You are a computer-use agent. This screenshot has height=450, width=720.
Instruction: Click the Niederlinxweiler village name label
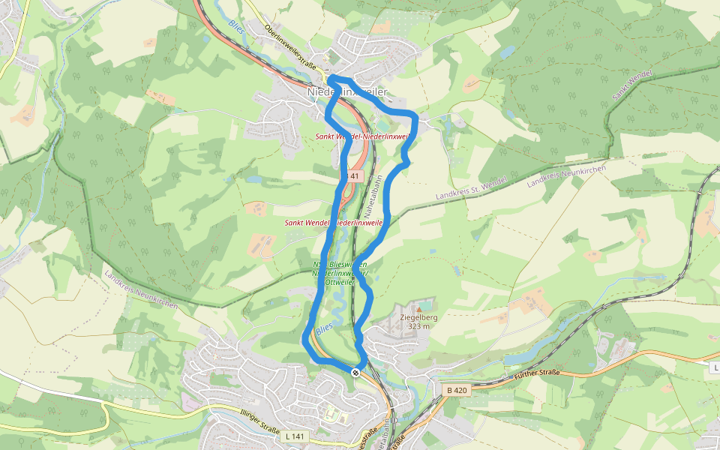[x=348, y=91]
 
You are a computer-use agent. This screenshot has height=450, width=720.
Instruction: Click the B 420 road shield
[x=456, y=390]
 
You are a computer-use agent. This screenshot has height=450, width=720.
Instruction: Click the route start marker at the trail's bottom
[x=355, y=373]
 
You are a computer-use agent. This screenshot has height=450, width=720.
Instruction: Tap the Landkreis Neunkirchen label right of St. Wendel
[x=566, y=174]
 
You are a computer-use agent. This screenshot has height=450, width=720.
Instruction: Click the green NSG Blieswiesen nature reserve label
[x=339, y=274]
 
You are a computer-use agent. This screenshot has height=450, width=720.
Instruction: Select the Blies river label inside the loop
[x=323, y=329]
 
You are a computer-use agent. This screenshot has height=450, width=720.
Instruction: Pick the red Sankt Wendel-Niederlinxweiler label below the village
[x=361, y=136]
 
